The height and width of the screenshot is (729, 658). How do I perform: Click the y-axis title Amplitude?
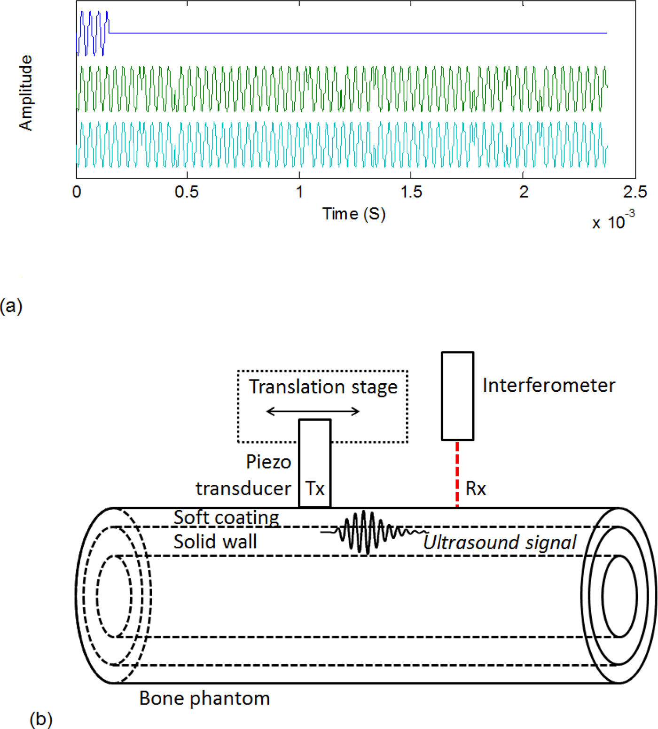coord(26,93)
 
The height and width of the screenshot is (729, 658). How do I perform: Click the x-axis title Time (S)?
coord(353,214)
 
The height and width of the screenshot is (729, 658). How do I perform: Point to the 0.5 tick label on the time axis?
coord(187,192)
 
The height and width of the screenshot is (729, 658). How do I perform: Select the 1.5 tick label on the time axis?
coord(411,192)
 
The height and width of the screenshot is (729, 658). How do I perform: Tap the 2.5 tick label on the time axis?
coord(634,192)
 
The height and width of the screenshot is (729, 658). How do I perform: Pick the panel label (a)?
coord(11,306)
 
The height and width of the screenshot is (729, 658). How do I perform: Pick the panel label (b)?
coord(41,719)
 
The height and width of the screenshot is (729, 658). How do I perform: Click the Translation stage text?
coord(323,387)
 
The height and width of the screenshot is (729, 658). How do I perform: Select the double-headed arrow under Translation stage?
coord(313,412)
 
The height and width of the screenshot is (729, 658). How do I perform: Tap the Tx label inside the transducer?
coord(315,489)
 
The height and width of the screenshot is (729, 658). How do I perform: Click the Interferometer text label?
coord(548,385)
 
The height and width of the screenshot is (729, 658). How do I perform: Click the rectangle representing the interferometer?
coord(457,396)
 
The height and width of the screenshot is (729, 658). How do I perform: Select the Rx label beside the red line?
coord(476,489)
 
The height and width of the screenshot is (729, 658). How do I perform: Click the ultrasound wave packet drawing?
coord(371,532)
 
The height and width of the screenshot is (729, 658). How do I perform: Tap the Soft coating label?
coord(226,518)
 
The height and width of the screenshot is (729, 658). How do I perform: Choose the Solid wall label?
coord(215,542)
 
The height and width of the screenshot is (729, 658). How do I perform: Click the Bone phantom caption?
coord(204,698)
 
